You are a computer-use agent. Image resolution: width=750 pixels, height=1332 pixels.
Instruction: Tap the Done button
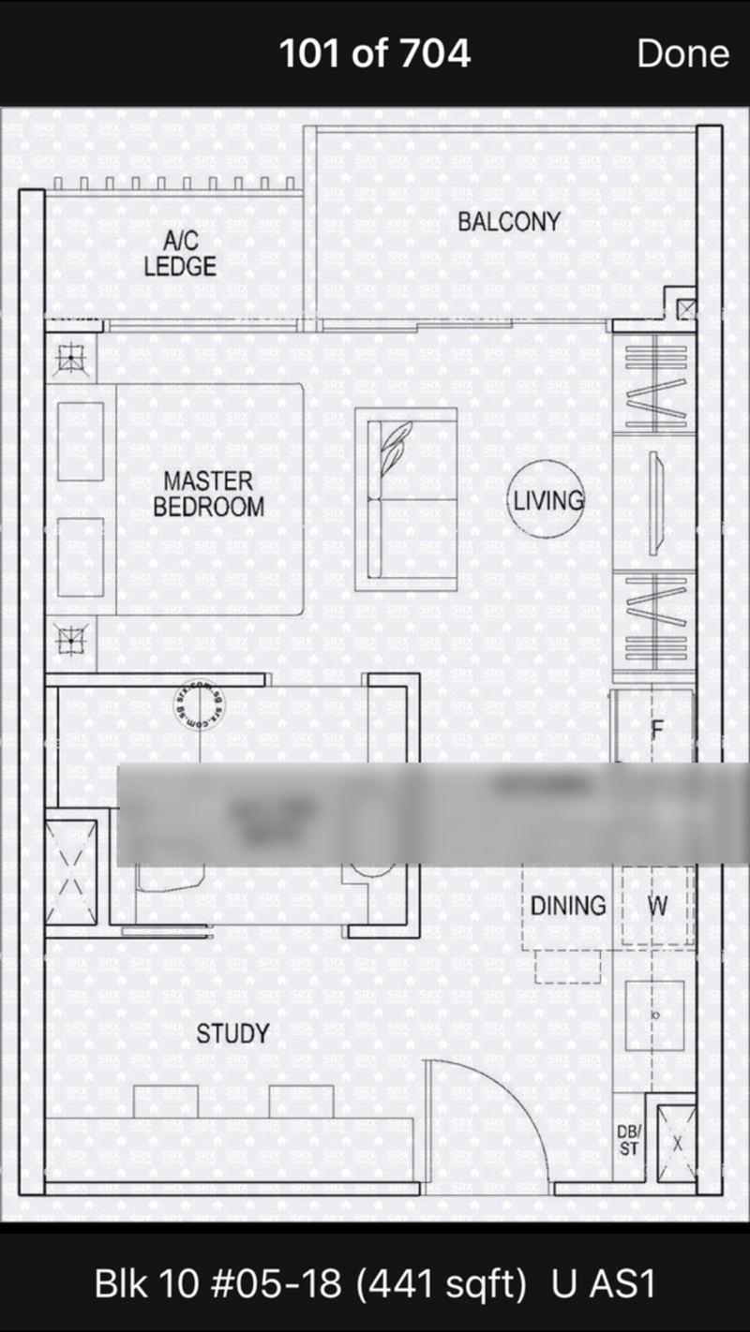[682, 53]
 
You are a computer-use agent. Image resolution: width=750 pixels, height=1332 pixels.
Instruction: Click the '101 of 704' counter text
[374, 53]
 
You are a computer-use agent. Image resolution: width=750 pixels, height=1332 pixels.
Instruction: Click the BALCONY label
[508, 222]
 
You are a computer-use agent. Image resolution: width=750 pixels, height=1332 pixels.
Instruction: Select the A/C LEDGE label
[180, 254]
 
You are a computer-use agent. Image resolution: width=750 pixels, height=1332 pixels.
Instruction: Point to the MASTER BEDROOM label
[208, 495]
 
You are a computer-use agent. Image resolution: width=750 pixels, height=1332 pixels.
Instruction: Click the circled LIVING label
[547, 500]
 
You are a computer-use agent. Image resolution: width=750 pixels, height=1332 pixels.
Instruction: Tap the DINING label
[568, 906]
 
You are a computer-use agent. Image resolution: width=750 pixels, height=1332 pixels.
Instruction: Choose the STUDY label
[232, 1034]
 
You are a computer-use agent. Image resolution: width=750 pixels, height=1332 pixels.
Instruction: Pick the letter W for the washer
[658, 906]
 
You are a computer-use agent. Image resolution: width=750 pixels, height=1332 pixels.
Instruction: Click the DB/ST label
[628, 1139]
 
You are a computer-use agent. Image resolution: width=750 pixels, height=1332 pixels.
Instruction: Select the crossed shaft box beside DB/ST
[676, 1143]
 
